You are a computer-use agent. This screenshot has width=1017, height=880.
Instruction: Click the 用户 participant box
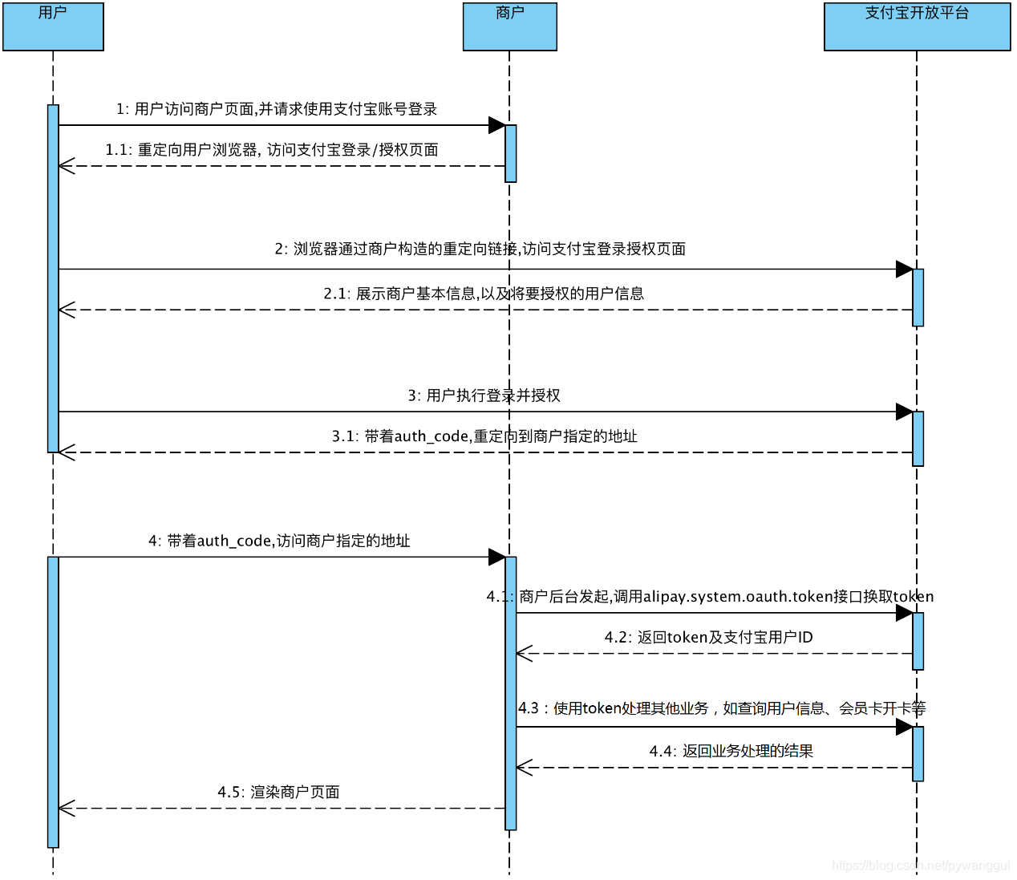click(53, 26)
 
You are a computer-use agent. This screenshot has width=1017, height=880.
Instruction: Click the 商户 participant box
click(509, 26)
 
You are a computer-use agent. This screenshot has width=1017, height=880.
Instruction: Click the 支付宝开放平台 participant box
click(917, 26)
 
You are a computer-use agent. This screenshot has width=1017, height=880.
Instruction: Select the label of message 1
click(277, 109)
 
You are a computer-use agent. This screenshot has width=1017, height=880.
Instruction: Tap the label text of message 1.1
click(272, 150)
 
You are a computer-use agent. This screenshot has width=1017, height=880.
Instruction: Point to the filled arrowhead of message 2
click(904, 270)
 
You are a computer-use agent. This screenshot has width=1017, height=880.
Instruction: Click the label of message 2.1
click(484, 294)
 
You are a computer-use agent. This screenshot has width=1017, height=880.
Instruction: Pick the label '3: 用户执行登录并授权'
click(484, 395)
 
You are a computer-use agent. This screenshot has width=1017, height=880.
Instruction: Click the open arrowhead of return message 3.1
click(67, 452)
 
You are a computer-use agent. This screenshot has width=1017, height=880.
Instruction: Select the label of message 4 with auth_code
click(279, 541)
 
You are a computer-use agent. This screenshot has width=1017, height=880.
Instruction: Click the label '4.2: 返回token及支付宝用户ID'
click(708, 638)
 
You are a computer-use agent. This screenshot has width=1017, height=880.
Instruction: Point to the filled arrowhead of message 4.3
click(904, 728)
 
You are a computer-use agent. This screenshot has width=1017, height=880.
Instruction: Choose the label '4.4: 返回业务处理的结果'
click(731, 752)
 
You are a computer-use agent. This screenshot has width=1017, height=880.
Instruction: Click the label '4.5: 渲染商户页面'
click(278, 793)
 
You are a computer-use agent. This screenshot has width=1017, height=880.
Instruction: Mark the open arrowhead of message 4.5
click(67, 809)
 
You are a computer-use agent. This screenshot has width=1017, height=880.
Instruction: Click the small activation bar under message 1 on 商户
click(511, 153)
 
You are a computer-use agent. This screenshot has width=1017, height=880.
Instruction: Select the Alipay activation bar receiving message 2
click(918, 298)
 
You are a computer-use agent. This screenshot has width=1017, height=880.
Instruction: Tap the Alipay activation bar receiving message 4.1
click(918, 641)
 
